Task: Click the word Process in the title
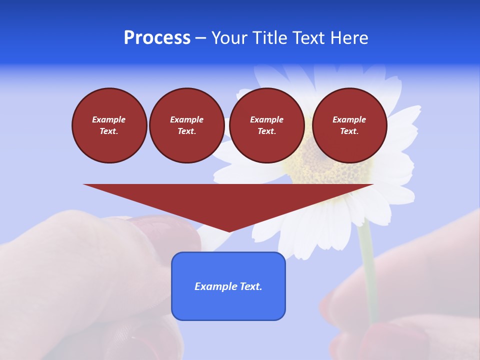pos(157,38)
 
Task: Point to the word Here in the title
pos(350,38)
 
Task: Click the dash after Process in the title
pos(200,38)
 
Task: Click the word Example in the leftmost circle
pos(109,119)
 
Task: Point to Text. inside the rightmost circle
pos(349,131)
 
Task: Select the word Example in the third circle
pos(267,119)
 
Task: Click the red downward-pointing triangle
pos(228,200)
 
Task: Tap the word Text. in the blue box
pos(251,286)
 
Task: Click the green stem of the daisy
pos(369,270)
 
